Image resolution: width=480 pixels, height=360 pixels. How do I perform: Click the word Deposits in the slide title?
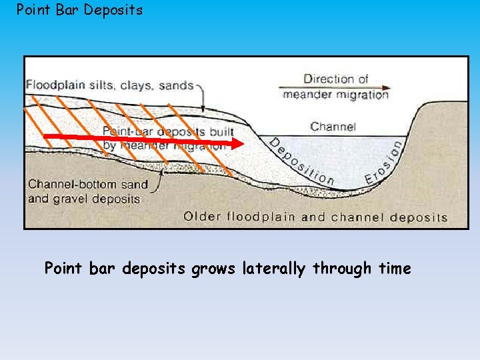pos(113,11)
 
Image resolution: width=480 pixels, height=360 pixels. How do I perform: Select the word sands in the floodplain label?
pos(176,85)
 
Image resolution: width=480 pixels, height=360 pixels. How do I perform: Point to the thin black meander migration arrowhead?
pos(386,87)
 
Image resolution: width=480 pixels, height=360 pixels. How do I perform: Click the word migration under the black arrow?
pos(363,95)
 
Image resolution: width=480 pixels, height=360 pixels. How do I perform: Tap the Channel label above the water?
pos(333,127)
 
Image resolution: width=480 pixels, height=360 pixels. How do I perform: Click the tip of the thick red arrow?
pos(242,143)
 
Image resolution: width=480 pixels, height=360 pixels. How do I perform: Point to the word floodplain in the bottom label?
pos(259,216)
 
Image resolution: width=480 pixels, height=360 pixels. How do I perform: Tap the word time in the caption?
pos(395,269)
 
